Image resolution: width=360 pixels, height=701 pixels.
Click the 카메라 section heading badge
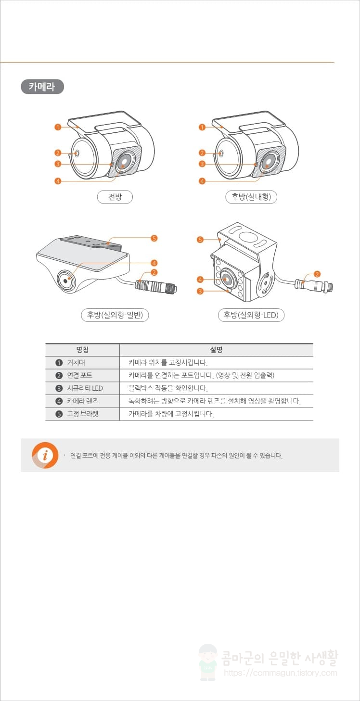42,87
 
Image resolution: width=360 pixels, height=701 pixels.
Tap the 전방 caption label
115,197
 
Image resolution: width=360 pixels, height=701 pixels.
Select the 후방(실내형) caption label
251,197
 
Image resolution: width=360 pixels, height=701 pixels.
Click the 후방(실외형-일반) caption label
115,315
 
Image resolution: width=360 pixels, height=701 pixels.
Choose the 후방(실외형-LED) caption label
251,315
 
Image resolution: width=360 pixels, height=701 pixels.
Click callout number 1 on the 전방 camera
57,127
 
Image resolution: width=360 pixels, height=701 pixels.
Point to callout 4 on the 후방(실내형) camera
202,181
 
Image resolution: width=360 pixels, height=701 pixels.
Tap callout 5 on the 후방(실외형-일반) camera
154,238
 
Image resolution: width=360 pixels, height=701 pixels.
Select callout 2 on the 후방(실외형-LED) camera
317,274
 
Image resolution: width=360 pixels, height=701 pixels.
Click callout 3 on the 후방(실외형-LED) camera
200,291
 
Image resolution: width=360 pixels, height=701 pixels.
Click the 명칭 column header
82,350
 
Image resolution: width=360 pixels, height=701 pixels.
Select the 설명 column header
216,350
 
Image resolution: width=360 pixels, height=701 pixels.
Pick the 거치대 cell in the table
76,363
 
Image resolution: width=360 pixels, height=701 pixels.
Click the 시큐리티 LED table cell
85,388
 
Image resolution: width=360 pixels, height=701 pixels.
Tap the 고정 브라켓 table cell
82,414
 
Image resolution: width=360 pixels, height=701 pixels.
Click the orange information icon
45,455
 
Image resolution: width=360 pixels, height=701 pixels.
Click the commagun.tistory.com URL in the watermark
281,674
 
